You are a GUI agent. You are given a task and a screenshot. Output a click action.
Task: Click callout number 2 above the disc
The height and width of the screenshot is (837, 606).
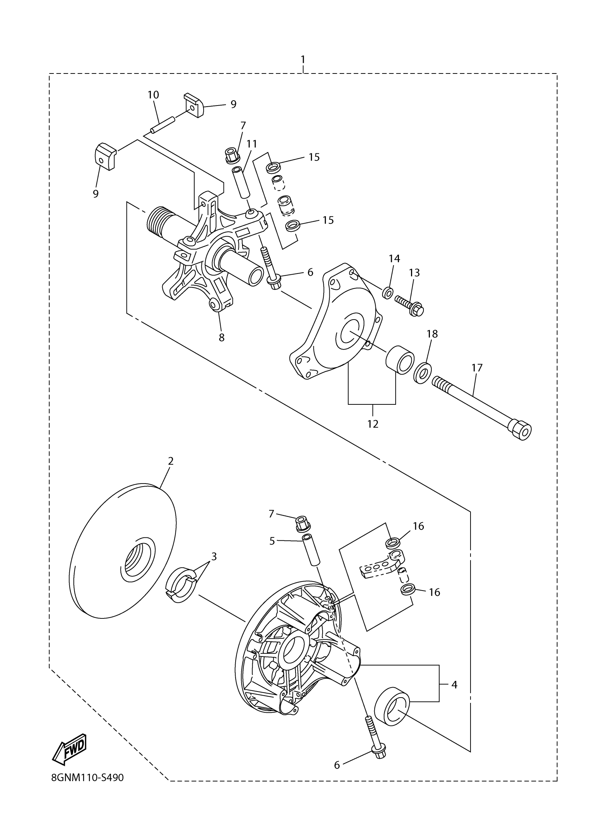click(x=170, y=461)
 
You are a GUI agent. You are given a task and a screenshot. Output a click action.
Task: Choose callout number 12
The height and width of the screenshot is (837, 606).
click(x=373, y=424)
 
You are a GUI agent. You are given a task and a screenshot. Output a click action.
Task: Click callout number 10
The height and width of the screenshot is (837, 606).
click(x=153, y=95)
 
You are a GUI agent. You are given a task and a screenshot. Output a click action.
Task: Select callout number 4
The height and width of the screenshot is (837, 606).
click(x=454, y=685)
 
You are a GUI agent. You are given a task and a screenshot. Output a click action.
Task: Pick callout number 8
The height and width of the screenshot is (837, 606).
click(x=221, y=337)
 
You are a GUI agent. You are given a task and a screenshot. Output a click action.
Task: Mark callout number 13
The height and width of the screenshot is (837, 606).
click(x=414, y=273)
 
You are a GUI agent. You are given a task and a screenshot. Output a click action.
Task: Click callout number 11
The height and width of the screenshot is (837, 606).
click(x=252, y=144)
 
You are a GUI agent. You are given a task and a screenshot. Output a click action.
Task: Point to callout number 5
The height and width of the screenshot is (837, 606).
click(x=272, y=541)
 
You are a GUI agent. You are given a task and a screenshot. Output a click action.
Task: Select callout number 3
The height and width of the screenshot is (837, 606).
click(x=214, y=557)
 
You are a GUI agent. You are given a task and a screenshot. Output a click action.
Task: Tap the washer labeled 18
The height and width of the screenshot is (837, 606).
click(x=422, y=373)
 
